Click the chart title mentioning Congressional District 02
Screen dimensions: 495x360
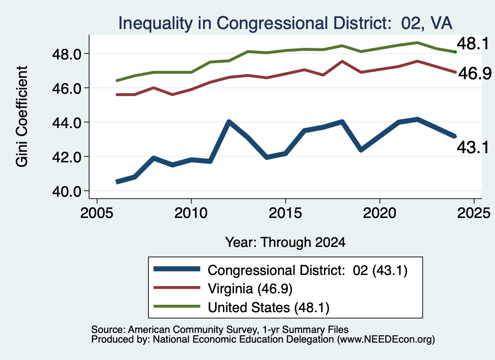285,23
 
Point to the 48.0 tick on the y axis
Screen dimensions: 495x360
67,54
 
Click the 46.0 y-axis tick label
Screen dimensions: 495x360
67,88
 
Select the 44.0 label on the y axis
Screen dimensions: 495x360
67,123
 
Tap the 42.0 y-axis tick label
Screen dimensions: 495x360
67,157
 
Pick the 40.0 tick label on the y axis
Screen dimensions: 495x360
67,191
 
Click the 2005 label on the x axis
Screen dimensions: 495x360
97,213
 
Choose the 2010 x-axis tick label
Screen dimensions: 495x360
190,213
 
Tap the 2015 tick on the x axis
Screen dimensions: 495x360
285,213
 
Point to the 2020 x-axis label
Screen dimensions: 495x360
379,213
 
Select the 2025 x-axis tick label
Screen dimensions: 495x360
474,213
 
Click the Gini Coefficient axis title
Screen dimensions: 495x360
22,116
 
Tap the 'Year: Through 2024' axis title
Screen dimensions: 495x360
285,242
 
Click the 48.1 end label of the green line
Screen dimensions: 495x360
473,43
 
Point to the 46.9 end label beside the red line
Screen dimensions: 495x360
475,73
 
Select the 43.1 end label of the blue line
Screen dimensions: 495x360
473,147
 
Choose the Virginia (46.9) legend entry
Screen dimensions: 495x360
250,288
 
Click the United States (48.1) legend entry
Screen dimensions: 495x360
268,307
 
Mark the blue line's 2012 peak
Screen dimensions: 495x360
229,122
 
